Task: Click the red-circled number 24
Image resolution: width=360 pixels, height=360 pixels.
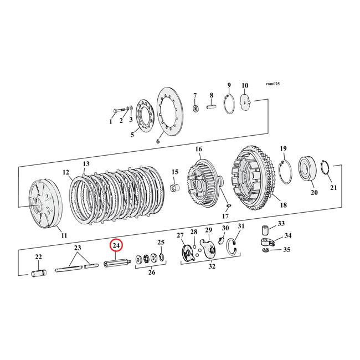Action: click(x=116, y=245)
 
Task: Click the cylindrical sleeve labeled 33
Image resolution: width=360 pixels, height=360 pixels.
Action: click(x=265, y=229)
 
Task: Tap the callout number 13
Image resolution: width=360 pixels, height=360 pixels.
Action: click(x=86, y=164)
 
